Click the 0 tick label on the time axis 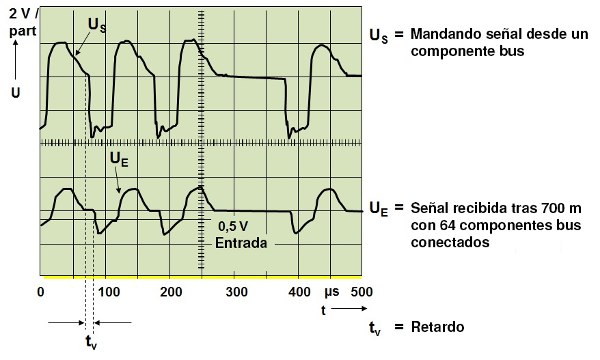(40, 292)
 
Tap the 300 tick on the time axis (234, 292)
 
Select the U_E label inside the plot (119, 160)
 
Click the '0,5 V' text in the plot (232, 227)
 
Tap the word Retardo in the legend (437, 327)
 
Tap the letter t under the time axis (323, 309)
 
